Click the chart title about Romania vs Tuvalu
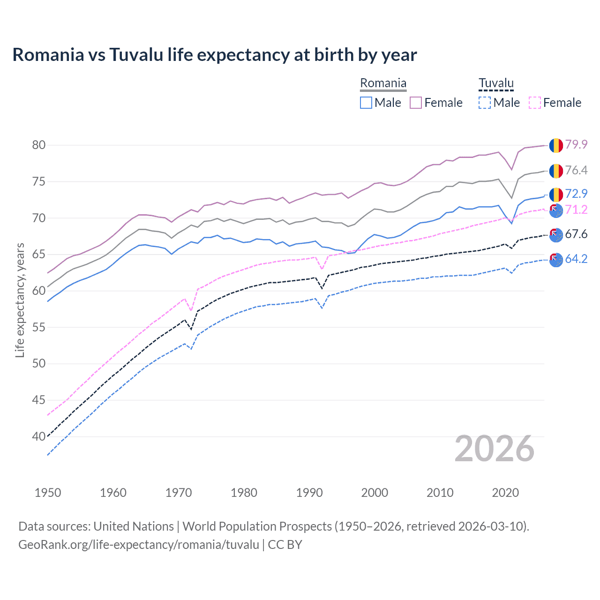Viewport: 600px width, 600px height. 215,55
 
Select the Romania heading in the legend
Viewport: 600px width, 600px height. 383,83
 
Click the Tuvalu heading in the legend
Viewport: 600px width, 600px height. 496,83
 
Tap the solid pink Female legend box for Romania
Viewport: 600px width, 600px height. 416,103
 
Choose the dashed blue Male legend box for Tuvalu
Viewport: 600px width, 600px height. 485,103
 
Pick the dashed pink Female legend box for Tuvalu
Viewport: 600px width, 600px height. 535,103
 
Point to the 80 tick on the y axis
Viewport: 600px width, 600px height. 39,145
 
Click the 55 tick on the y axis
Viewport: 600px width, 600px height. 39,327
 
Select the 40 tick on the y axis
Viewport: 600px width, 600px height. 39,436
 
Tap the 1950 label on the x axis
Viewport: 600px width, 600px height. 48,493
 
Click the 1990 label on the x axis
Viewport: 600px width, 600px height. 309,493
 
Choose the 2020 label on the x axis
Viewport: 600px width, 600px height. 505,493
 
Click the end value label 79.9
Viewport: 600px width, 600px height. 576,144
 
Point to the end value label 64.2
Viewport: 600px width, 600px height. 576,259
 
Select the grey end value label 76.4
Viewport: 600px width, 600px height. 576,170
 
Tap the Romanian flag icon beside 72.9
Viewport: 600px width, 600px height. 556,195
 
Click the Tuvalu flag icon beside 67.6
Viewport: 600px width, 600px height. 556,234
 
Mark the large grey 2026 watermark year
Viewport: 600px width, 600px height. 495,449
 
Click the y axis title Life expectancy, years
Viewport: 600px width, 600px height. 20,300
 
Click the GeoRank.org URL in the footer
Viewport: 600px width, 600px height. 139,545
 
